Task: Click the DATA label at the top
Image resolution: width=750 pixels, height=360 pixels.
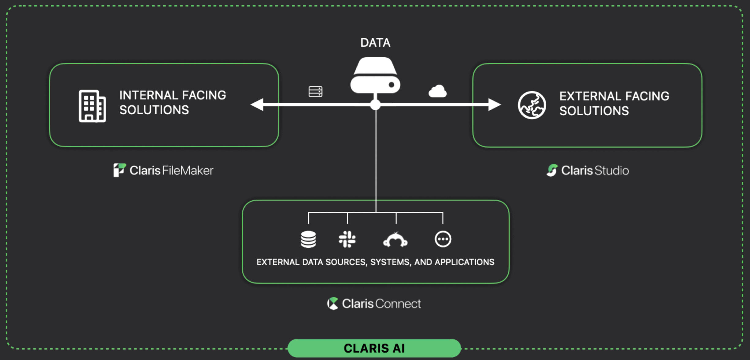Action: click(375, 43)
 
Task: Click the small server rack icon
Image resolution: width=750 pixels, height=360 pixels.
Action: click(315, 92)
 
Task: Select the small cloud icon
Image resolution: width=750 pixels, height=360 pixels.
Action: click(438, 91)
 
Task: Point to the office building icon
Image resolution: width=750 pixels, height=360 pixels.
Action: click(92, 106)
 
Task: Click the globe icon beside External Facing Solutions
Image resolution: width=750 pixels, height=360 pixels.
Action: click(532, 105)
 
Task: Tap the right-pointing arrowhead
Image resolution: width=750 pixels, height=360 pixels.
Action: click(494, 104)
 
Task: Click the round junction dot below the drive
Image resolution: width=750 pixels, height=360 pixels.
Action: click(375, 105)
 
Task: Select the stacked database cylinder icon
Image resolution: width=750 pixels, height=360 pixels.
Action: click(308, 239)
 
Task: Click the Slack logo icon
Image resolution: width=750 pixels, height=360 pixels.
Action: click(347, 239)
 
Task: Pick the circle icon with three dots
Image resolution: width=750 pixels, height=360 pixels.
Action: click(443, 239)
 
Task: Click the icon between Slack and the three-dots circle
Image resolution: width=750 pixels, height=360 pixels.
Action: click(395, 240)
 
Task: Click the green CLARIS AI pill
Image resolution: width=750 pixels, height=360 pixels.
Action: click(374, 348)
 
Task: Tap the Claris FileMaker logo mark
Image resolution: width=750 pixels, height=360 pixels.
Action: click(119, 170)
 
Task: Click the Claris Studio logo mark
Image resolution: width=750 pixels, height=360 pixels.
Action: click(552, 170)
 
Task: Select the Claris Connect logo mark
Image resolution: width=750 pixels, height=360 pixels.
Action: click(333, 303)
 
